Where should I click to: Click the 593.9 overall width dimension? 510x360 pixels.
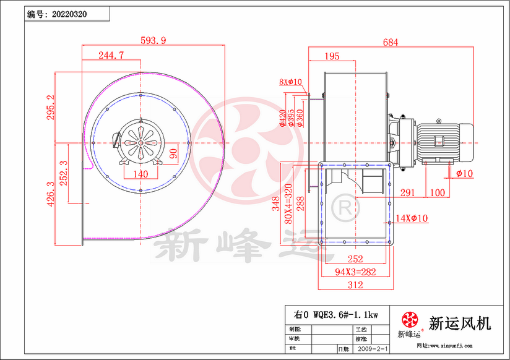[x=154, y=41]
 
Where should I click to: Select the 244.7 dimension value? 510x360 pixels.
[x=111, y=55]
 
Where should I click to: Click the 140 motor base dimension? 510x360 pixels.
[x=141, y=174]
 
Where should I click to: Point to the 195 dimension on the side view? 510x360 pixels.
[x=332, y=56]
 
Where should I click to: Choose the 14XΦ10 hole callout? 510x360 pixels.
[x=412, y=218]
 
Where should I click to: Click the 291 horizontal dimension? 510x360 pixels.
[x=407, y=192]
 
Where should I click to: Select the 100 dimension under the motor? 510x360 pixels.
[x=437, y=192]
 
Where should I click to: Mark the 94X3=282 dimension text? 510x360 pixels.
[x=355, y=271]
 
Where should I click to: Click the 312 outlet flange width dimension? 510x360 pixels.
[x=355, y=285]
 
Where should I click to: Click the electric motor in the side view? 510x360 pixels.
[x=443, y=141]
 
